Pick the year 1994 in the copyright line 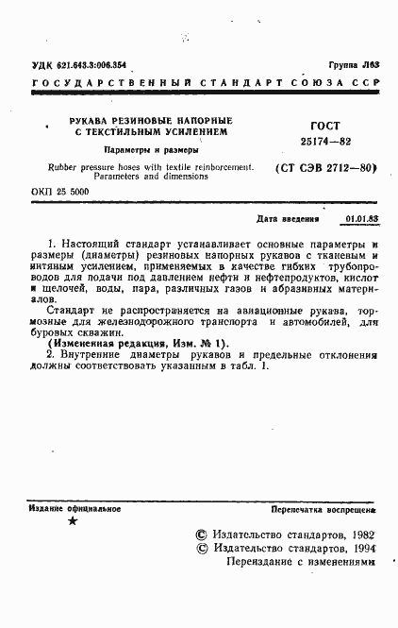click(360, 547)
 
